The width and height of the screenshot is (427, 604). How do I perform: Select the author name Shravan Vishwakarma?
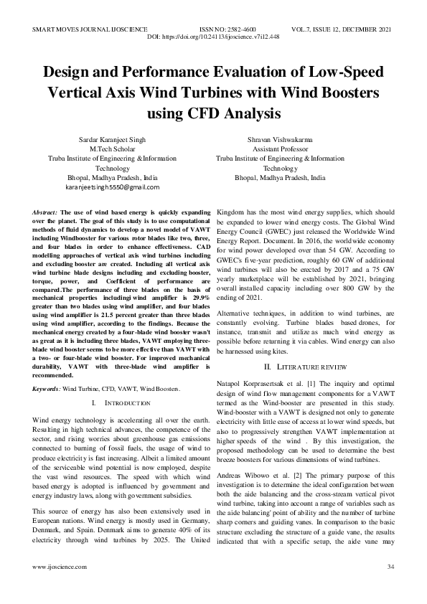click(x=280, y=137)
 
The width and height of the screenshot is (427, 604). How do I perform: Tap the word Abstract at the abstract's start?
click(x=46, y=214)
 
